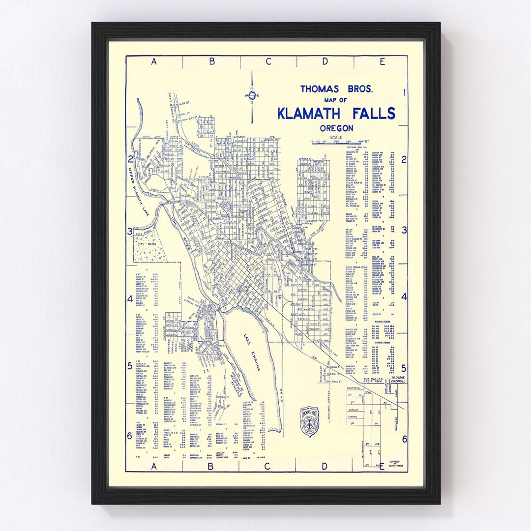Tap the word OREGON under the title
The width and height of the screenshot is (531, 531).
click(336, 128)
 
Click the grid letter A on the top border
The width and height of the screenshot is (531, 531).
click(153, 61)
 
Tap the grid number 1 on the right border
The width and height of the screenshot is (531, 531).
click(404, 92)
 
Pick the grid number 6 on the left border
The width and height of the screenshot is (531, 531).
click(130, 436)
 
